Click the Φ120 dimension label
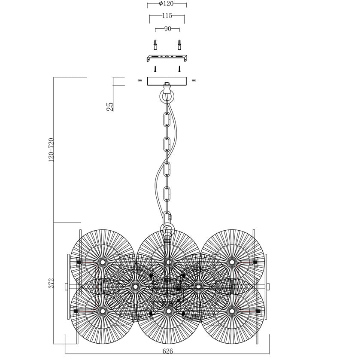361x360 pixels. click(x=166, y=4)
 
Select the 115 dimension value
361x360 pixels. click(x=167, y=16)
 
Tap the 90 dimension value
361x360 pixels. click(x=167, y=29)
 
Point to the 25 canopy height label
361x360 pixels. click(x=110, y=107)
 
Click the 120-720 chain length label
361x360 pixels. click(x=52, y=150)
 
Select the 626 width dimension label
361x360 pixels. click(x=167, y=351)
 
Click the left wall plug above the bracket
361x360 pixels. click(x=155, y=45)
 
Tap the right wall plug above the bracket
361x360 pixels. click(x=179, y=45)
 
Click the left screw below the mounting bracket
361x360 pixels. click(x=155, y=68)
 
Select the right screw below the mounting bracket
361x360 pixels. click(x=179, y=68)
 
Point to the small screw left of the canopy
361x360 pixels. click(x=140, y=80)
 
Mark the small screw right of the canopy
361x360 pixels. click(x=194, y=80)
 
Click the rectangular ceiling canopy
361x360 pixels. click(x=167, y=81)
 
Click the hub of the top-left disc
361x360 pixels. click(x=103, y=262)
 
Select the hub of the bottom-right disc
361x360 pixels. click(x=232, y=310)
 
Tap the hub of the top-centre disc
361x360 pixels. click(x=168, y=262)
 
